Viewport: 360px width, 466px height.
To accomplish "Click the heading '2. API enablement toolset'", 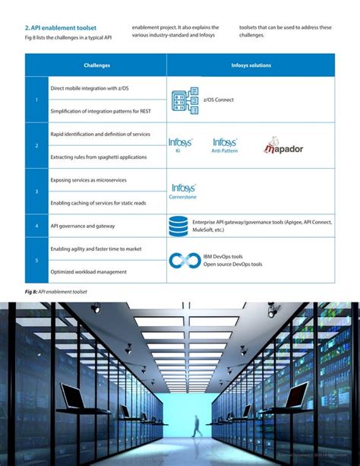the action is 61,28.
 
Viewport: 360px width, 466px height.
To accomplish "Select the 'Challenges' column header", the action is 96,65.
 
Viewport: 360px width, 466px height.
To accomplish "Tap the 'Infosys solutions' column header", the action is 250,65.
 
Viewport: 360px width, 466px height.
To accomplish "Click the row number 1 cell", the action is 37,100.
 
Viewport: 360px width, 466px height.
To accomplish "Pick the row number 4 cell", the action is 37,226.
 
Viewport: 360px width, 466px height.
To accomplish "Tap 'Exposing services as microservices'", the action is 89,180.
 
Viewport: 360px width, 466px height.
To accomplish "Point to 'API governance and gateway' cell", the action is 83,226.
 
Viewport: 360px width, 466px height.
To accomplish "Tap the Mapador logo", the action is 283,146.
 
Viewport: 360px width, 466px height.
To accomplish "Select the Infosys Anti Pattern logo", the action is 225,145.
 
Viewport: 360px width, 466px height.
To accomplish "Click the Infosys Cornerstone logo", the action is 184,191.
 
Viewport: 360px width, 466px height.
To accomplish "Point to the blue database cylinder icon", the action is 179,226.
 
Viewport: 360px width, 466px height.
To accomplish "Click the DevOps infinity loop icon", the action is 184,260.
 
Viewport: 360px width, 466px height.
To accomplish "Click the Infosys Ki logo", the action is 181,145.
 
